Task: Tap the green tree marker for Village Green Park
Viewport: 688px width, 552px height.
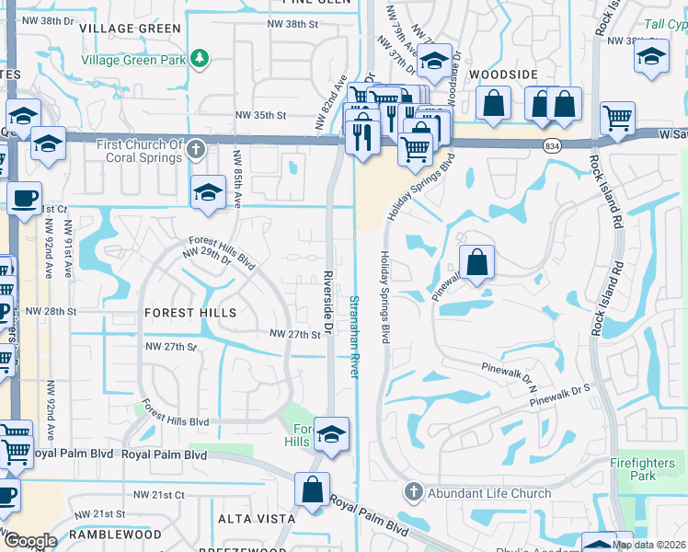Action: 199,60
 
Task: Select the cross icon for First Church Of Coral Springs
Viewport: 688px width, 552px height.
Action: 194,149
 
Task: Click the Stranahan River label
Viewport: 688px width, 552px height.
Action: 353,335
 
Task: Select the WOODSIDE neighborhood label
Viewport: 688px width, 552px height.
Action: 502,73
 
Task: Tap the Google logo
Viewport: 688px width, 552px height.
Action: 29,541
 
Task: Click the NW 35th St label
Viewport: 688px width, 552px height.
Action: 261,115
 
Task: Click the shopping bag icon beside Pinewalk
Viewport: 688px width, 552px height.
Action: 476,263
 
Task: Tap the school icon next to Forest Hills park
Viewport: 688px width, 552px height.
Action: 331,434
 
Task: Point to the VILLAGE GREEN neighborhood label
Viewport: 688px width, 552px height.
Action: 130,29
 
